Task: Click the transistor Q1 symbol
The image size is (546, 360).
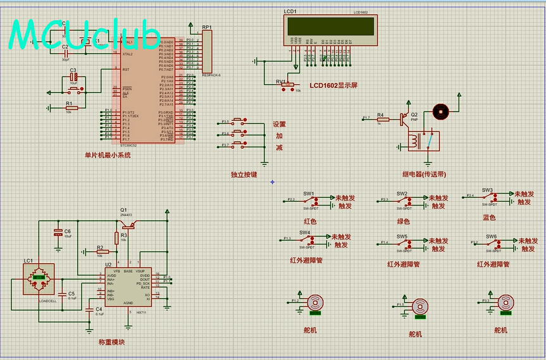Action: click(128, 222)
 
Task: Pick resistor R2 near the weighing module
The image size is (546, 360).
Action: click(102, 252)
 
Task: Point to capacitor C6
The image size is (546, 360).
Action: click(59, 232)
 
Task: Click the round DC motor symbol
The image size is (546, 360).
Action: click(440, 111)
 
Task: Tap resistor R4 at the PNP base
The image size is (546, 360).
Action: click(382, 119)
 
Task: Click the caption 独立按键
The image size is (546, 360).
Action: click(244, 174)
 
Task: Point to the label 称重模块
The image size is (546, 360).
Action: click(111, 342)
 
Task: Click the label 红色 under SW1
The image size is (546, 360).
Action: click(310, 221)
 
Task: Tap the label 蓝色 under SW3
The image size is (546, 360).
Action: click(489, 218)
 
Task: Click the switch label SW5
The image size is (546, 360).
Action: click(402, 237)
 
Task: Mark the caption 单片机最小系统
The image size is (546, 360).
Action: click(108, 155)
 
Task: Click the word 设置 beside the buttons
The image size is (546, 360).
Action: click(279, 125)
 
